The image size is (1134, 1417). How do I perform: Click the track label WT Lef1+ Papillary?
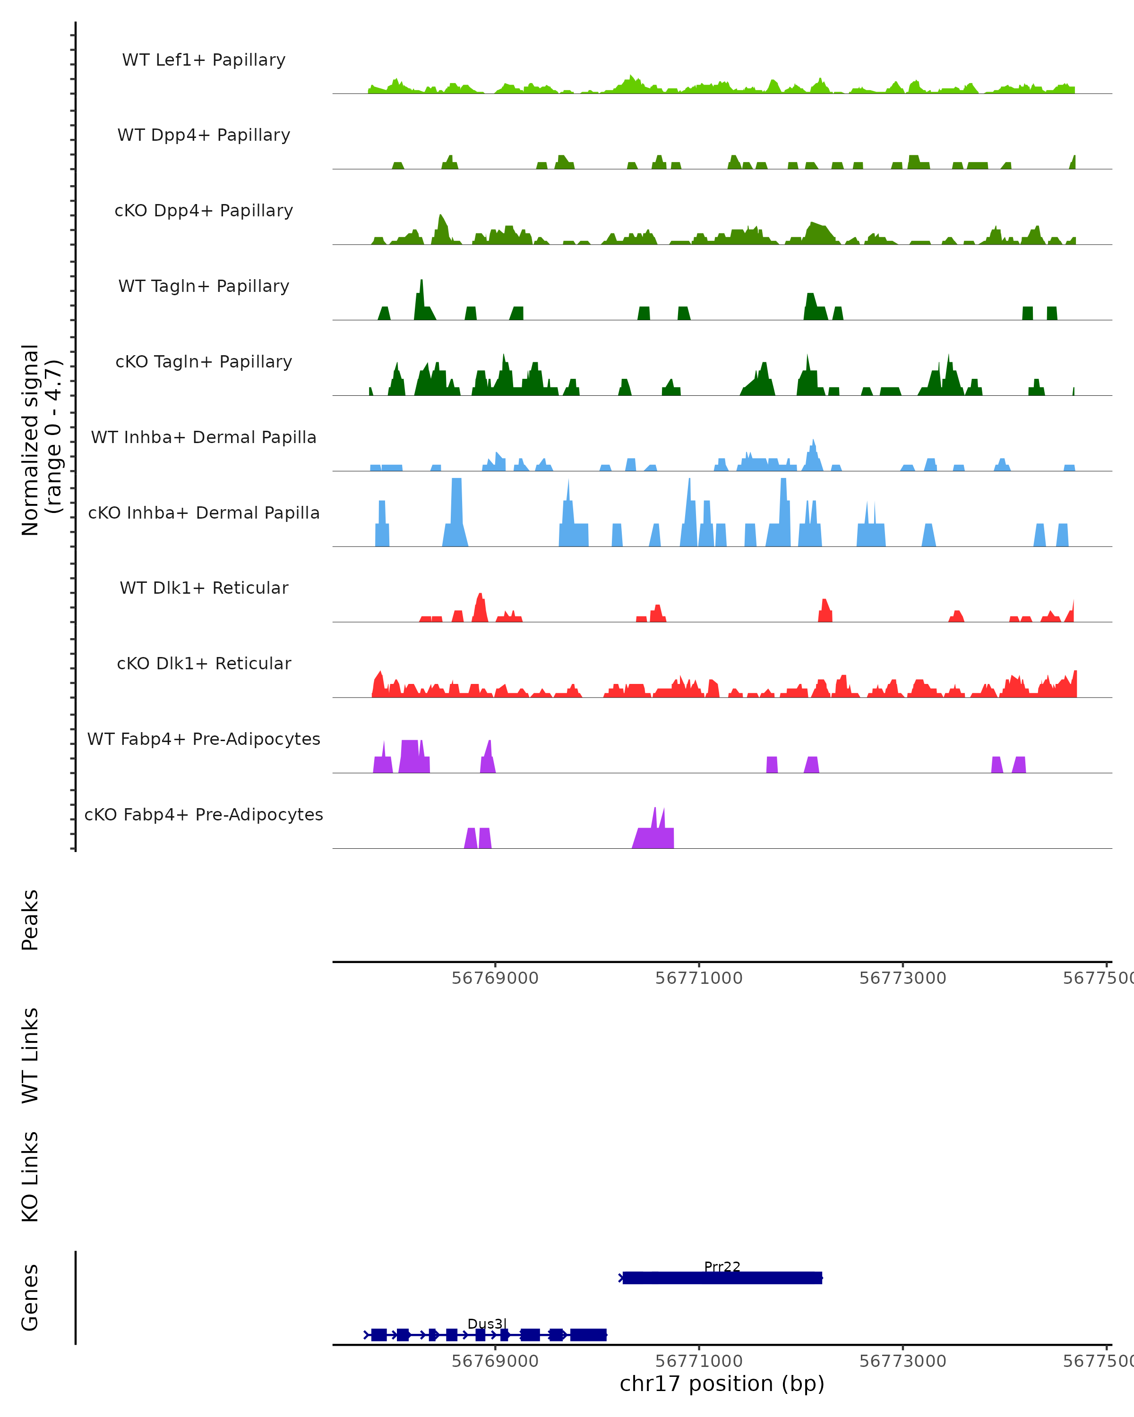coord(204,60)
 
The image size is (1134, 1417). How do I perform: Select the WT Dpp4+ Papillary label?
coord(204,136)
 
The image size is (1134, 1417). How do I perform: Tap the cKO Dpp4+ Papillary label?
coord(204,211)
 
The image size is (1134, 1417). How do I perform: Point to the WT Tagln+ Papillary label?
coord(204,287)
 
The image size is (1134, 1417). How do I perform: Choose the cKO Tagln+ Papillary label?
coord(204,362)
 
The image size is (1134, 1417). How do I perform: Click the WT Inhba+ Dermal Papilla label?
coord(204,438)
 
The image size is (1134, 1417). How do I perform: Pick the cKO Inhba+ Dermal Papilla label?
coord(204,513)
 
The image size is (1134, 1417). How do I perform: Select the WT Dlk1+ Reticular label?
coord(204,588)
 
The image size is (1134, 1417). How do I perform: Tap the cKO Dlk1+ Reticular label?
coord(204,664)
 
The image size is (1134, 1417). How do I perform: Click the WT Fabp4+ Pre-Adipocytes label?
coord(204,739)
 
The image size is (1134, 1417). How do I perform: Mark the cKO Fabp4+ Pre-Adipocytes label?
coord(204,815)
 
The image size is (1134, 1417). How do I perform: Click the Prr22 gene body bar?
coord(722,1278)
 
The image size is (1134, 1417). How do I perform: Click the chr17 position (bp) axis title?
coord(722,1383)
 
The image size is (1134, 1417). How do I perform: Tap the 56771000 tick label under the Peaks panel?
coord(698,978)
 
